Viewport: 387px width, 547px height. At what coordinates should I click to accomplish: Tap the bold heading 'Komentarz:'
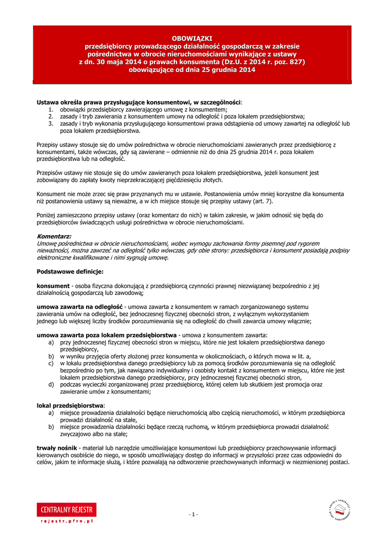pos(53,236)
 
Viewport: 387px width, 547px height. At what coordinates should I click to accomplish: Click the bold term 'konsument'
pos(53,286)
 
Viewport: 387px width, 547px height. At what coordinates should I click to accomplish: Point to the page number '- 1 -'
pos(193,514)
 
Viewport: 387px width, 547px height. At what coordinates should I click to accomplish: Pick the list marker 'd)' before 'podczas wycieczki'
pos(51,385)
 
